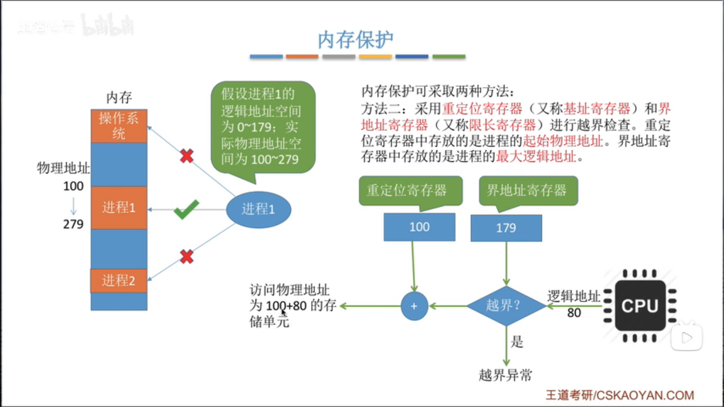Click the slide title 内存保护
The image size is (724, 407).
coord(355,40)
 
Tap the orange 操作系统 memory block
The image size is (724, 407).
coord(119,126)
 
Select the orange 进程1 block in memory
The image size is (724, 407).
coord(119,207)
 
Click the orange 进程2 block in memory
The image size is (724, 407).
coord(119,280)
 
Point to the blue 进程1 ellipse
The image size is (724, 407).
coord(258,209)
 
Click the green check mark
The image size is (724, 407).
coord(186,210)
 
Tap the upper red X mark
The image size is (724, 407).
coord(187,156)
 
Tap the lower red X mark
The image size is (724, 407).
coord(187,257)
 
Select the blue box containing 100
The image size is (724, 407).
coord(419,227)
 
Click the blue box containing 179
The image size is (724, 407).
coord(506,228)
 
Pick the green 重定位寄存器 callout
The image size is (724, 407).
coord(410,190)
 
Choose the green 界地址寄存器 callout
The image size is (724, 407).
coord(528,190)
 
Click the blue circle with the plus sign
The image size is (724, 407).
coord(414,306)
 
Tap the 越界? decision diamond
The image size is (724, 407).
coord(506,306)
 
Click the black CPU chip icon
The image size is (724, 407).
coord(640,306)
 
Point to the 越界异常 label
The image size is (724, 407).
coord(505,375)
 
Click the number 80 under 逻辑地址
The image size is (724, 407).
coord(574,313)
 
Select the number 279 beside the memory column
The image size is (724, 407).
coord(73,224)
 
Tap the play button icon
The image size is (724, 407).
coord(687,337)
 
